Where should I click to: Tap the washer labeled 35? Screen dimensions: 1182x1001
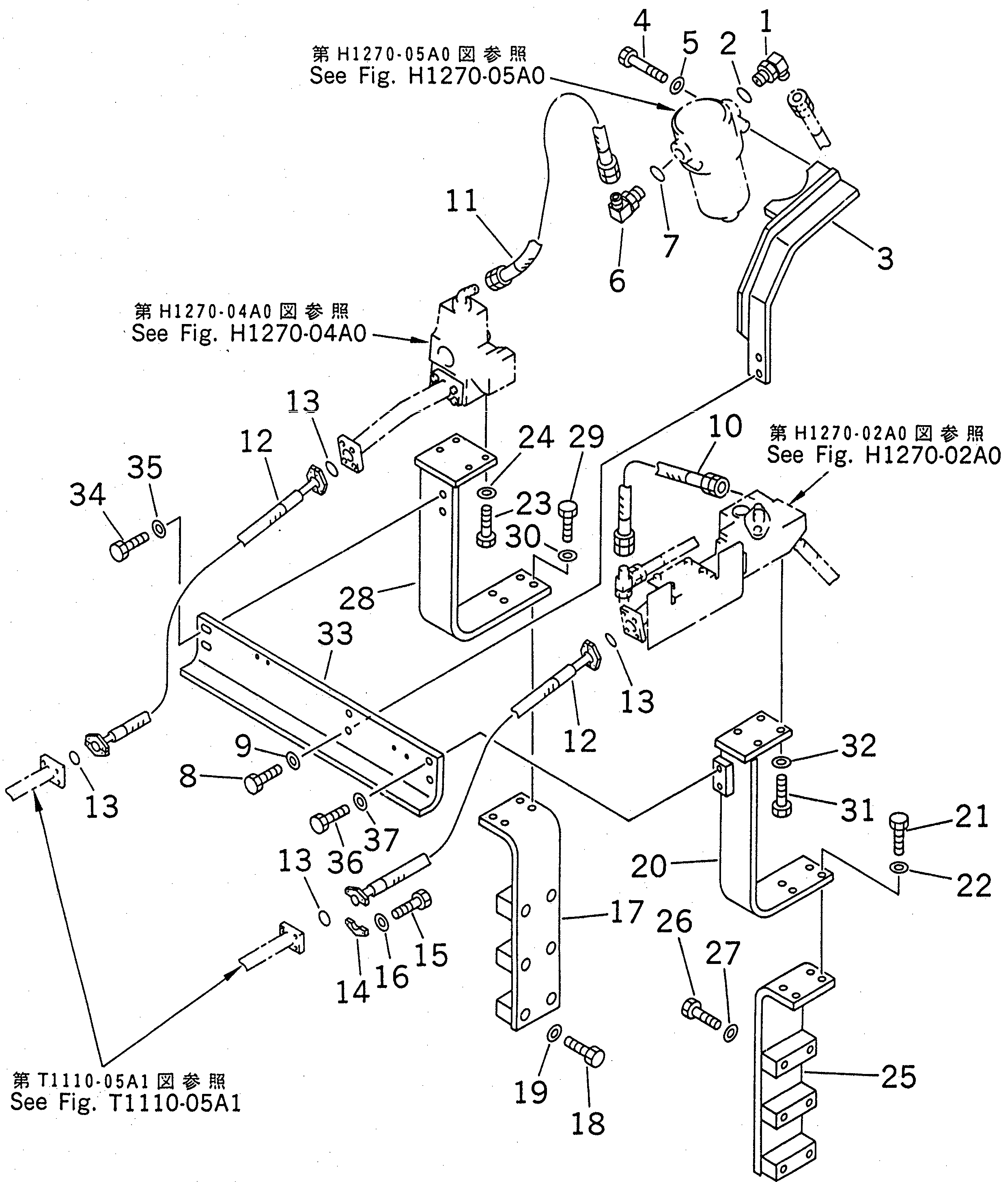pyautogui.click(x=160, y=528)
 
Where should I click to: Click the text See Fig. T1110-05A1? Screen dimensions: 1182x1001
pyautogui.click(x=125, y=1102)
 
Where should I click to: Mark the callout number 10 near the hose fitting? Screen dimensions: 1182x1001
pyautogui.click(x=725, y=426)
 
